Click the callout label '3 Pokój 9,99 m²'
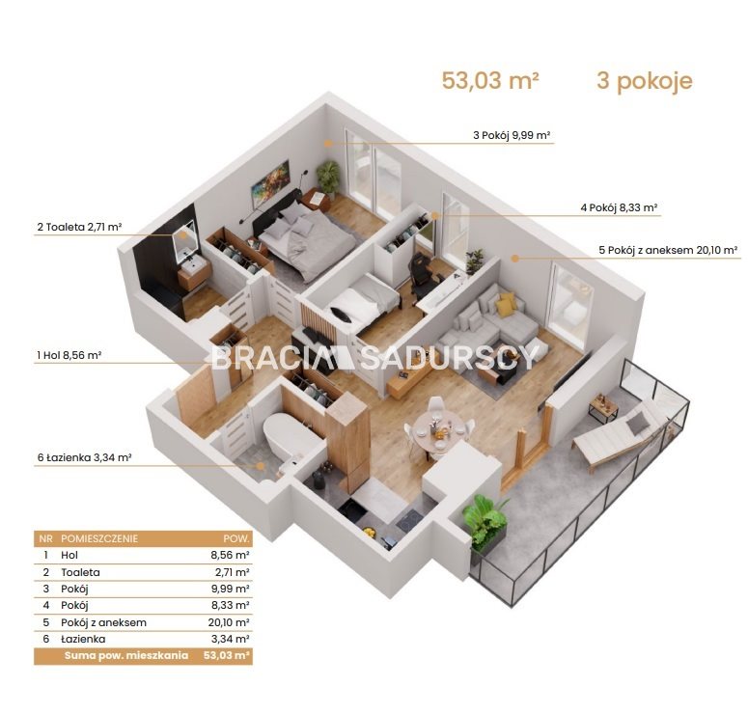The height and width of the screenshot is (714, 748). [x=512, y=135]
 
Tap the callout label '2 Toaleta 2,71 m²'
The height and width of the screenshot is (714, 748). [x=80, y=227]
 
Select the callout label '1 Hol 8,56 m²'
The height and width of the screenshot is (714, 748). [x=69, y=355]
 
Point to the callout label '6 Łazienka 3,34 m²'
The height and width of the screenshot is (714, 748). [x=84, y=458]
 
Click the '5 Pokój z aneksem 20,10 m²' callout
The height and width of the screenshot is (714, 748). [x=668, y=250]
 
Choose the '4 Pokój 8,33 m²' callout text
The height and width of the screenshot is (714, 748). [x=620, y=207]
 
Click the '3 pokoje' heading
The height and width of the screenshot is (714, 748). [x=645, y=81]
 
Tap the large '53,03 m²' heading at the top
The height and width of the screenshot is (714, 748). [x=490, y=80]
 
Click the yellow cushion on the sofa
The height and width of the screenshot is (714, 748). [x=506, y=304]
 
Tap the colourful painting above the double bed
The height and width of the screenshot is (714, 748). [x=271, y=183]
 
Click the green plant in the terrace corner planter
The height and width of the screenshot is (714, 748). [x=485, y=519]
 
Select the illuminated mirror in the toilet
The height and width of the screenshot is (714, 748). [x=186, y=241]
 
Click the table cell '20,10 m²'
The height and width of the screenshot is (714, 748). [x=229, y=622]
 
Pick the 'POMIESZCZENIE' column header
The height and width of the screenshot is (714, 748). [x=99, y=539]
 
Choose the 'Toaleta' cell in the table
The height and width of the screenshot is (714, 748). [x=80, y=572]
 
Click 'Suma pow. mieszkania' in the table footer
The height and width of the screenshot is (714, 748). [x=125, y=656]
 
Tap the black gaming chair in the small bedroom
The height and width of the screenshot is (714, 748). [x=422, y=273]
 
